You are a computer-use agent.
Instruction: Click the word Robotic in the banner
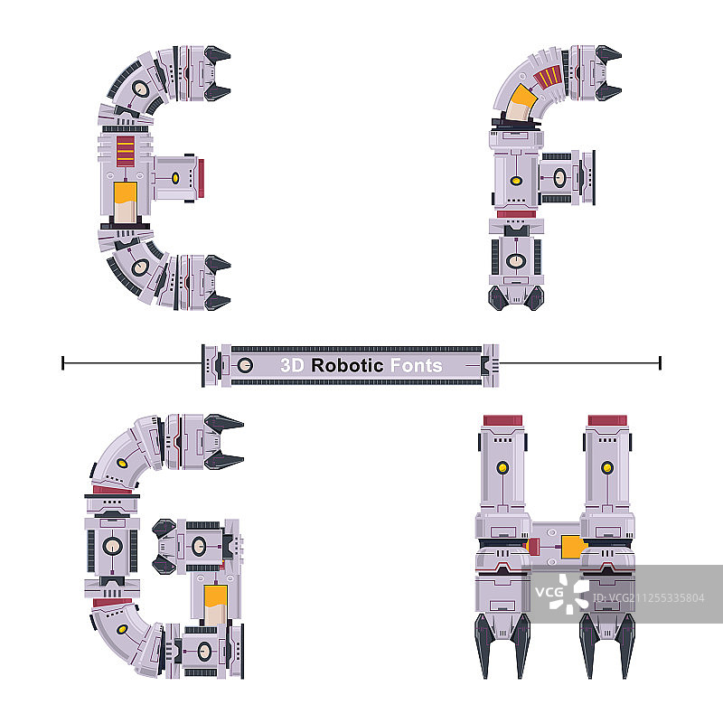pos(347,365)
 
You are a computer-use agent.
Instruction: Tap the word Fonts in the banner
pos(417,365)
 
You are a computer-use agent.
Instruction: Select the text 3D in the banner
pos(292,365)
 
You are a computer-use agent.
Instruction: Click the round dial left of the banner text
pos(245,365)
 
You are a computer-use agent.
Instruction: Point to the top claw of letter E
pos(217,73)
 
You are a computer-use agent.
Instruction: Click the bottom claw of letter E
pos(217,282)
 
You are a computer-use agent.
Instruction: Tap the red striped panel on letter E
pos(126,151)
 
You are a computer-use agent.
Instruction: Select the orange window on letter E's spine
pos(125,202)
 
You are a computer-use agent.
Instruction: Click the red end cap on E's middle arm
pos(201,178)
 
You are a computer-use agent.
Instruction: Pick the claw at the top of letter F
pos(607,73)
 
